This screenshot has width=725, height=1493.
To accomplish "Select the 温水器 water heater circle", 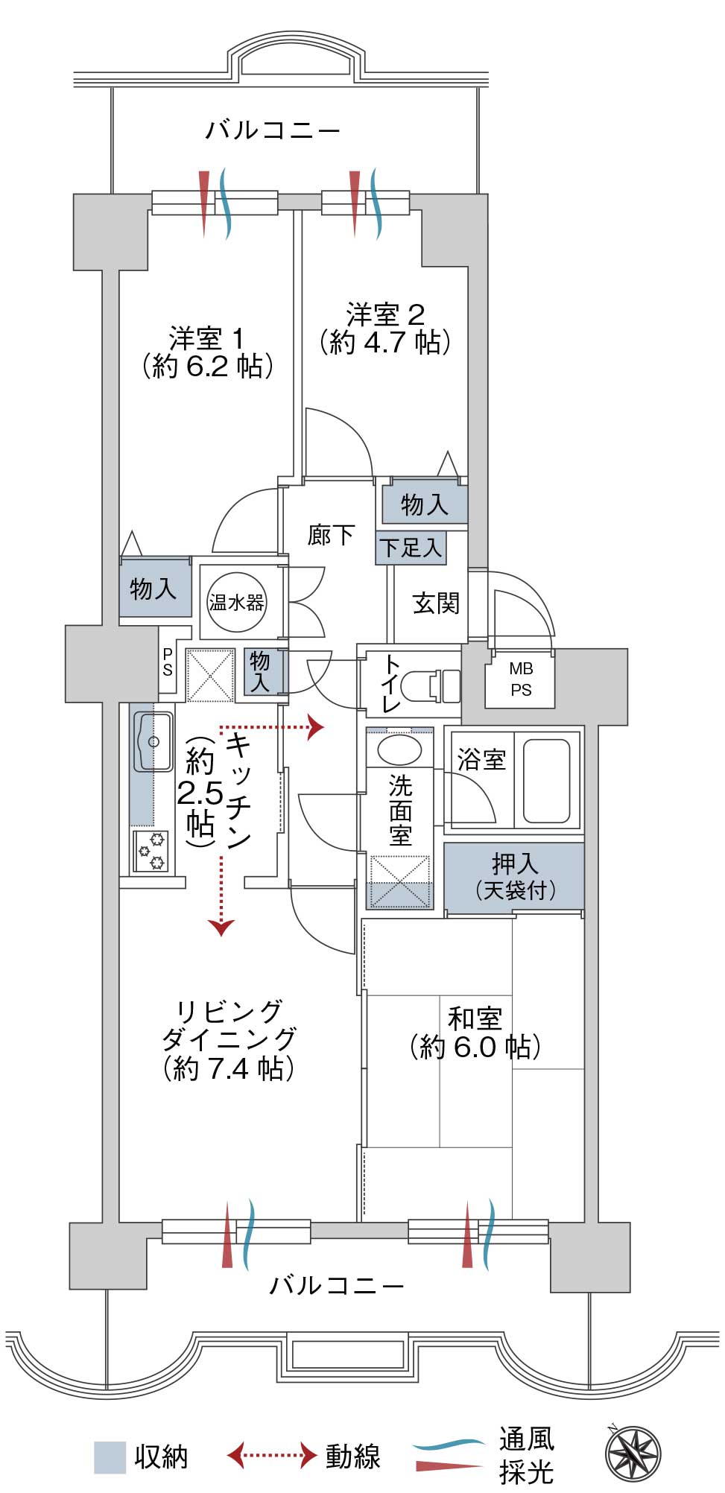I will (x=236, y=602).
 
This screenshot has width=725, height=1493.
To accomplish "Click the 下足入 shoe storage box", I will (x=411, y=548).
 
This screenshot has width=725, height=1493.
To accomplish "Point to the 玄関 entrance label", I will (x=436, y=603).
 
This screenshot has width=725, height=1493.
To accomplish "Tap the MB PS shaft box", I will (x=521, y=679).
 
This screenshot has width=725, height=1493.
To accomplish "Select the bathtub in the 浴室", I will (x=547, y=780).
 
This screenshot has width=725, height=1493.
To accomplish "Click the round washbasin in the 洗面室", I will (x=399, y=749).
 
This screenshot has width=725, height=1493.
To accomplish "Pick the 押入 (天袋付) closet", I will (x=514, y=876).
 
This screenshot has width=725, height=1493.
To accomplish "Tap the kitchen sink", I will (x=153, y=742).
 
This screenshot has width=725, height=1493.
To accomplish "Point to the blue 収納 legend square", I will (x=110, y=1457).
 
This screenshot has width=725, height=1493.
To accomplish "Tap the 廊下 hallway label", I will (x=331, y=534).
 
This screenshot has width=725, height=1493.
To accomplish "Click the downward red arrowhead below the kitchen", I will (x=221, y=927).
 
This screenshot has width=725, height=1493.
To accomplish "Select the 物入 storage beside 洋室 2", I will (x=424, y=504).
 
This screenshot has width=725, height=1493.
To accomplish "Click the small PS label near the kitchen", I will (x=168, y=662).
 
